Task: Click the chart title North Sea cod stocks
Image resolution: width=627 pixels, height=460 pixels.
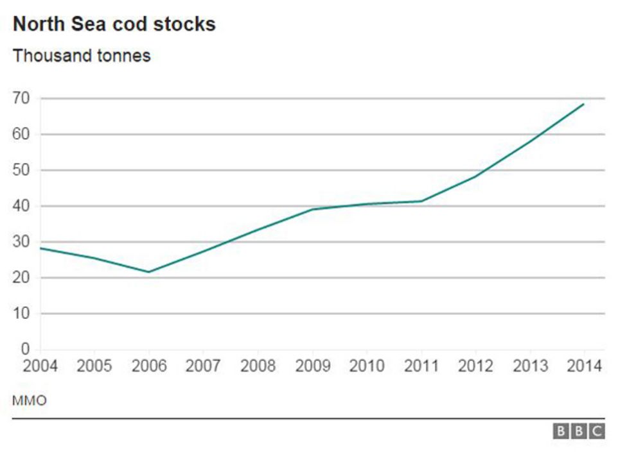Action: pyautogui.click(x=114, y=24)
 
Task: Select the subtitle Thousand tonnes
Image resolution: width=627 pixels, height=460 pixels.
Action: pyautogui.click(x=81, y=56)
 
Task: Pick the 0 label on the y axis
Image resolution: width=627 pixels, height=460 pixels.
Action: pyautogui.click(x=26, y=350)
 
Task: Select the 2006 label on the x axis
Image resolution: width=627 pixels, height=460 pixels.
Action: pyautogui.click(x=149, y=366)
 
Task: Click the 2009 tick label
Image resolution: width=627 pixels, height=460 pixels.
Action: pyautogui.click(x=312, y=366)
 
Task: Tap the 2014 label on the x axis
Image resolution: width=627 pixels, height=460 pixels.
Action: pyautogui.click(x=584, y=366)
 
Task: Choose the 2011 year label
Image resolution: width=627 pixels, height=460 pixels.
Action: pyautogui.click(x=421, y=366)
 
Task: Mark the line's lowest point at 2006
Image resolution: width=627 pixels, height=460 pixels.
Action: pyautogui.click(x=149, y=272)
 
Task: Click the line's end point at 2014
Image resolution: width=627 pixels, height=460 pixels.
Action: pyautogui.click(x=583, y=104)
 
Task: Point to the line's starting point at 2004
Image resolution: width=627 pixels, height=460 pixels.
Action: pyautogui.click(x=40, y=248)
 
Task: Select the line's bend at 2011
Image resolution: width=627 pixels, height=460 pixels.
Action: pyautogui.click(x=421, y=201)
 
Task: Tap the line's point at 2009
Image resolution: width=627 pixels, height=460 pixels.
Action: pyautogui.click(x=312, y=209)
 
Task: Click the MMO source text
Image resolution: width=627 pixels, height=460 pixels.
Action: pyautogui.click(x=29, y=401)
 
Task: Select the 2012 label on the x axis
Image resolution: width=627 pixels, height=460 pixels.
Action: pyautogui.click(x=475, y=366)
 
